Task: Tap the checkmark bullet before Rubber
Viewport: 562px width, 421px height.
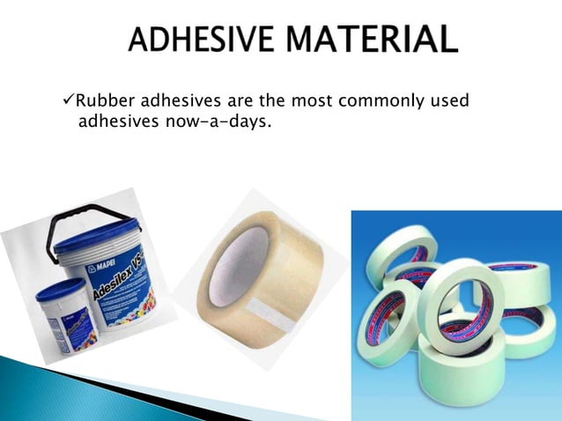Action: point(71,102)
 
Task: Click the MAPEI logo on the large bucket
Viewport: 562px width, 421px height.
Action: point(101,263)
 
